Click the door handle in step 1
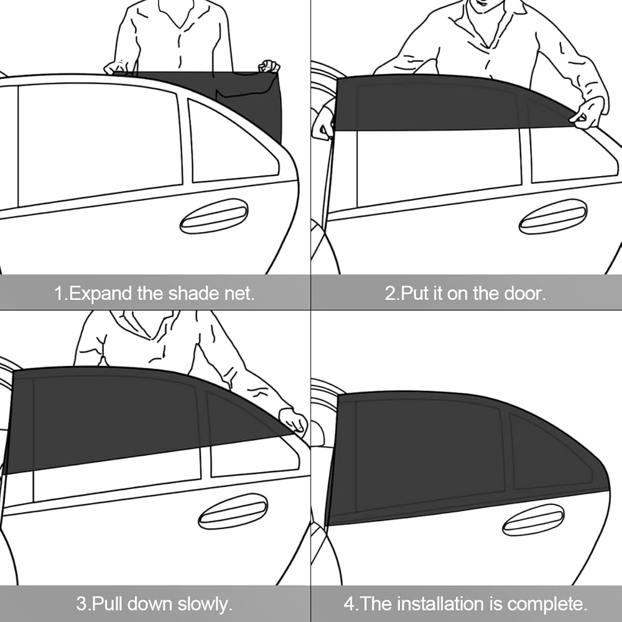click(214, 216)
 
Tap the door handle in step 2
click(552, 216)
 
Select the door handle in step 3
click(233, 511)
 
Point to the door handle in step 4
click(533, 520)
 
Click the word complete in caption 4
click(547, 605)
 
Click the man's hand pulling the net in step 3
click(293, 420)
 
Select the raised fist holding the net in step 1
click(269, 67)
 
